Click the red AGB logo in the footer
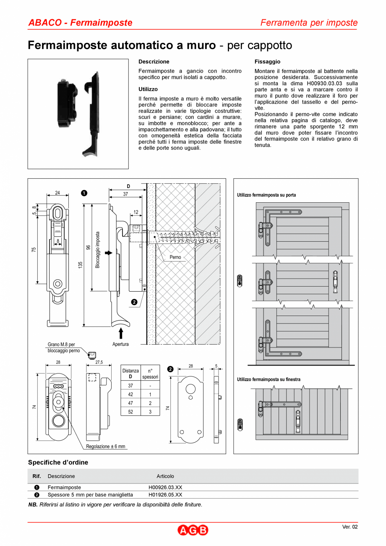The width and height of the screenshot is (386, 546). (193, 530)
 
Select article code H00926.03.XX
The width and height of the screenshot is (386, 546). (165, 488)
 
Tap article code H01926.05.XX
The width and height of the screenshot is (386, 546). (165, 495)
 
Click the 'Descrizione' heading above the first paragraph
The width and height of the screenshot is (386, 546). (154, 62)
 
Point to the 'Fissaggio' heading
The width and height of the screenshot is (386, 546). (267, 62)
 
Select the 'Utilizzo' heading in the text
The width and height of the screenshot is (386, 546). (148, 89)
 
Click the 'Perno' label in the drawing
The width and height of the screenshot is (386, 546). (175, 257)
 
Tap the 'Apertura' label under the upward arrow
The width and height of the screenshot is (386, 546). (120, 344)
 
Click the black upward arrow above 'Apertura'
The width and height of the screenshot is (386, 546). (121, 333)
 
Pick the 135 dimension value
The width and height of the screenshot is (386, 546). (80, 265)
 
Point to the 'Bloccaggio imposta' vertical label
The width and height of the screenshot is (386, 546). (97, 250)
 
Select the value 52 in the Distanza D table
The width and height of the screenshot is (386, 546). (130, 412)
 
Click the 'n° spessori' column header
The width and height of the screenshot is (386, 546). (150, 374)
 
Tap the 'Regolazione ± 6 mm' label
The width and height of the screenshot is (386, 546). (106, 447)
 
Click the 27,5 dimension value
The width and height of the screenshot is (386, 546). (99, 362)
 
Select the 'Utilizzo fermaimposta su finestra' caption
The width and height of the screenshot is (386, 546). (269, 379)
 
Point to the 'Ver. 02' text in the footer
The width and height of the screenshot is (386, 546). (349, 527)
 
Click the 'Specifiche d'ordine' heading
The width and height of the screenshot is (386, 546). (58, 462)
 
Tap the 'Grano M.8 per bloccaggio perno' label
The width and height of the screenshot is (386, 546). (63, 347)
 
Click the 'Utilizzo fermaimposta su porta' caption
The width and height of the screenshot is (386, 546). (266, 195)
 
